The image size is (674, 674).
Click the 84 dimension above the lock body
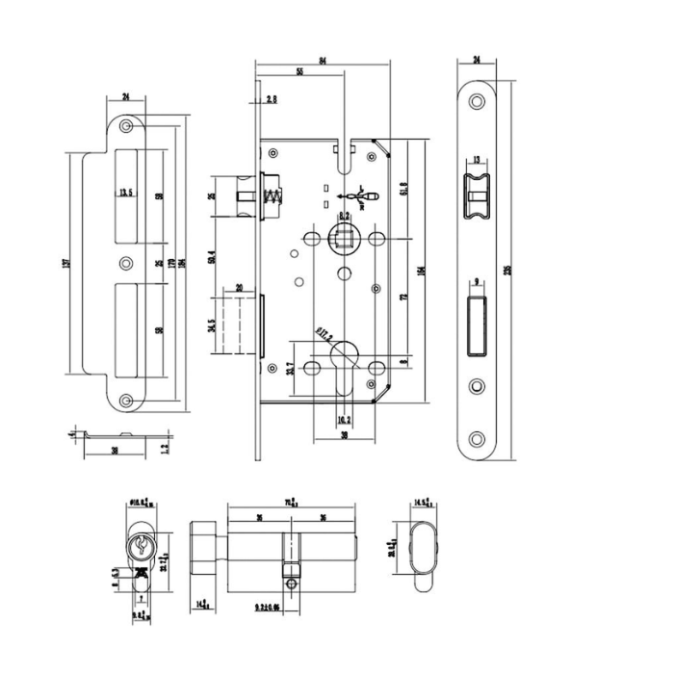point(323,62)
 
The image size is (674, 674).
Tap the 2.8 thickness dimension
point(272,99)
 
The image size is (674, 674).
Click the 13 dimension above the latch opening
point(477,161)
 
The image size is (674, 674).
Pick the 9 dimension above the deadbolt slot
point(477,282)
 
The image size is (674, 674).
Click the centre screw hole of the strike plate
point(124,263)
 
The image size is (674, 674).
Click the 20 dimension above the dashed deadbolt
point(239,286)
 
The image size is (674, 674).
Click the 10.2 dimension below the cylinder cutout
point(344,420)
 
